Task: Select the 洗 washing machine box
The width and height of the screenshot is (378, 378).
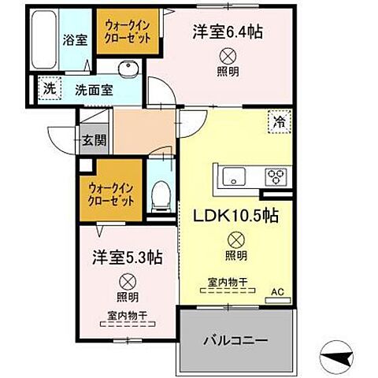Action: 49,87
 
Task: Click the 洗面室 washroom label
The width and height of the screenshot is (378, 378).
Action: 94,90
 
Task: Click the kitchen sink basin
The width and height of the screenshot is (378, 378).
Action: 235,175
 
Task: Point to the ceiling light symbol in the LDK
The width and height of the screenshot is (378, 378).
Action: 235,239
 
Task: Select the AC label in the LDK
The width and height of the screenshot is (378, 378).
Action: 276,291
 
